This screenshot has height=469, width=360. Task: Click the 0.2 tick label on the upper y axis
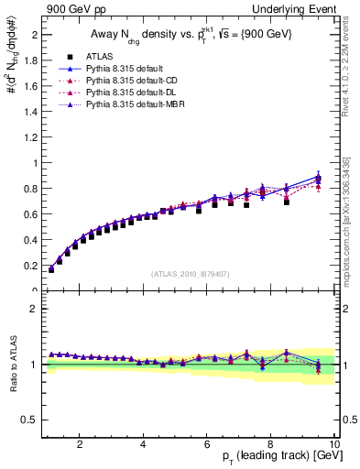tap(30, 266)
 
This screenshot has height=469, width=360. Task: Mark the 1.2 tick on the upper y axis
tap(30, 137)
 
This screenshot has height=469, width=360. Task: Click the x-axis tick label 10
tap(334, 444)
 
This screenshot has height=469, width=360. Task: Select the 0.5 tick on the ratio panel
tap(30, 420)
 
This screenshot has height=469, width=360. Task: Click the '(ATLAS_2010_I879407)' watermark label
tap(191, 274)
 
